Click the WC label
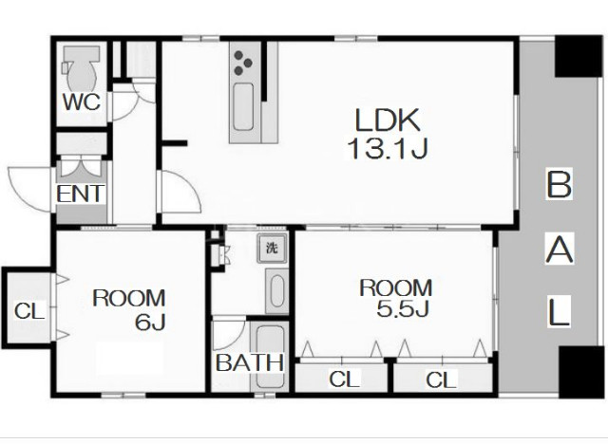pyautogui.click(x=82, y=102)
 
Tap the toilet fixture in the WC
pyautogui.click(x=81, y=68)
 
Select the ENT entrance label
pyautogui.click(x=81, y=194)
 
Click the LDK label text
pyautogui.click(x=388, y=120)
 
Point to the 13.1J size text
pyautogui.click(x=388, y=149)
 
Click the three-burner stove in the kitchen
pyautogui.click(x=243, y=63)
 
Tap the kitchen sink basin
pyautogui.click(x=243, y=107)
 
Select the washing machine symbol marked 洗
pyautogui.click(x=272, y=248)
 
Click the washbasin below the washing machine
pyautogui.click(x=276, y=290)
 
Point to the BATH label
pyautogui.click(x=249, y=362)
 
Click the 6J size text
pyautogui.click(x=150, y=322)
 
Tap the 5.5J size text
pyautogui.click(x=403, y=308)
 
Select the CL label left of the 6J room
pyautogui.click(x=29, y=310)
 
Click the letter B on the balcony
pyautogui.click(x=559, y=184)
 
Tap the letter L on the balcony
pyautogui.click(x=559, y=311)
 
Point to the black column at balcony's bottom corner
pyautogui.click(x=580, y=372)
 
